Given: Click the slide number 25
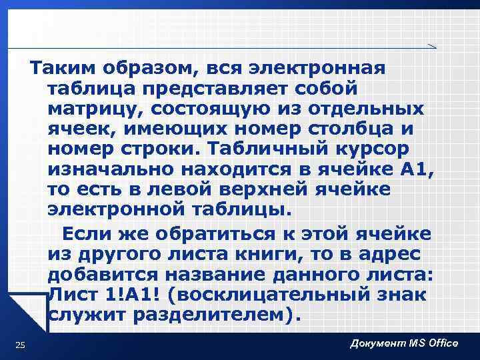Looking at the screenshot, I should [20, 344].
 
